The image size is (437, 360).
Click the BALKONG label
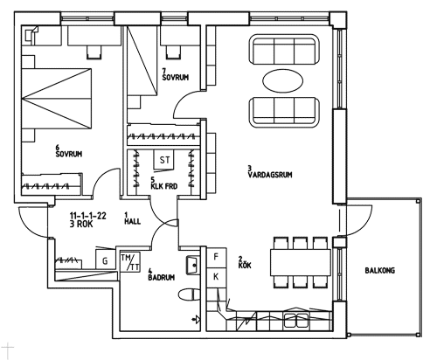coord(380,271)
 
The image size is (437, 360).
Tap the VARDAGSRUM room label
coord(270,175)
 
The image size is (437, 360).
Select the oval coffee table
coord(282,80)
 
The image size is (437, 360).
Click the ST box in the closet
coord(164,160)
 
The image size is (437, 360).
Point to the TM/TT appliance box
coord(130,262)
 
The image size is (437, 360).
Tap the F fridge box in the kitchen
coord(216,257)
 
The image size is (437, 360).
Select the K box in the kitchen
coord(216,277)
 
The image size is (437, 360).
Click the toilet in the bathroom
coord(189,294)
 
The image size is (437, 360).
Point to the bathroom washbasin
coord(192,265)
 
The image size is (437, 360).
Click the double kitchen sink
coord(296,321)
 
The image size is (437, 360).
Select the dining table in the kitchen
coord(301,262)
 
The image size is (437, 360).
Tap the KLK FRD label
coord(164,186)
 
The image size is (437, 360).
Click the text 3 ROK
coord(81,225)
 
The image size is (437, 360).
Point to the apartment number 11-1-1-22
coord(88,216)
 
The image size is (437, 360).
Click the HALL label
coord(133,222)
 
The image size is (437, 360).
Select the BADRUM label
coord(162,278)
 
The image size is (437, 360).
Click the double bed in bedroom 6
coord(56,99)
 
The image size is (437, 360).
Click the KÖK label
coord(245,266)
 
